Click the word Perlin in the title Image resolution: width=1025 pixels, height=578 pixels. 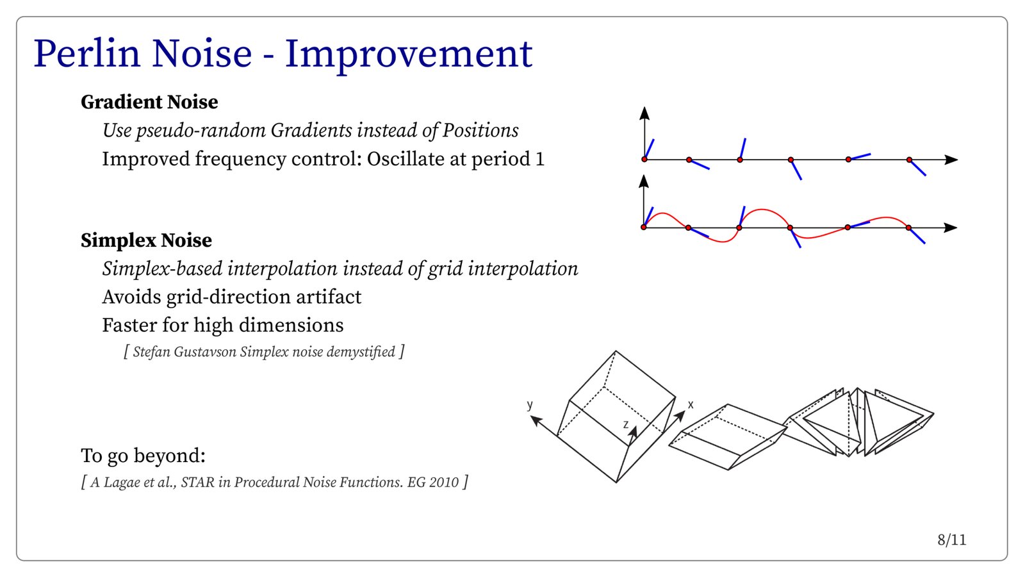pyautogui.click(x=86, y=54)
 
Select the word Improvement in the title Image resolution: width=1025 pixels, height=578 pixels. pyautogui.click(x=409, y=56)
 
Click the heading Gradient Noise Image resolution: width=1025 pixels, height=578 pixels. pyautogui.click(x=149, y=102)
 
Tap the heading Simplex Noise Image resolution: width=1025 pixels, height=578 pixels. pyautogui.click(x=147, y=240)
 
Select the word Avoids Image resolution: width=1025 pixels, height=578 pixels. pyautogui.click(x=131, y=297)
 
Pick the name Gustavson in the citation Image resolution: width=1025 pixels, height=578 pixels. pyautogui.click(x=205, y=351)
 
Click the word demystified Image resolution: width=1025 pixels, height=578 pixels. pyautogui.click(x=361, y=352)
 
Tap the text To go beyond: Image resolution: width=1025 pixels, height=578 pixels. pyautogui.click(x=143, y=456)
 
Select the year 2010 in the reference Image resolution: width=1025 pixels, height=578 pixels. pyautogui.click(x=443, y=483)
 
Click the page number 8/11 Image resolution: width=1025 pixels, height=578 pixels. pyautogui.click(x=952, y=540)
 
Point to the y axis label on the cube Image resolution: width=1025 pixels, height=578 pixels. pyautogui.click(x=530, y=404)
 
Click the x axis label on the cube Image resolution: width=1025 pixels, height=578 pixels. pyautogui.click(x=691, y=404)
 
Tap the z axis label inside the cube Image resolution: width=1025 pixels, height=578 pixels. pyautogui.click(x=626, y=425)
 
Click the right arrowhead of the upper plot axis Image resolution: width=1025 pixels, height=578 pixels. pyautogui.click(x=951, y=160)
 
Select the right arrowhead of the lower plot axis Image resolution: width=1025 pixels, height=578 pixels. pyautogui.click(x=951, y=227)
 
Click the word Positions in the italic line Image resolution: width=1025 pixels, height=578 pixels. pyautogui.click(x=480, y=131)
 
